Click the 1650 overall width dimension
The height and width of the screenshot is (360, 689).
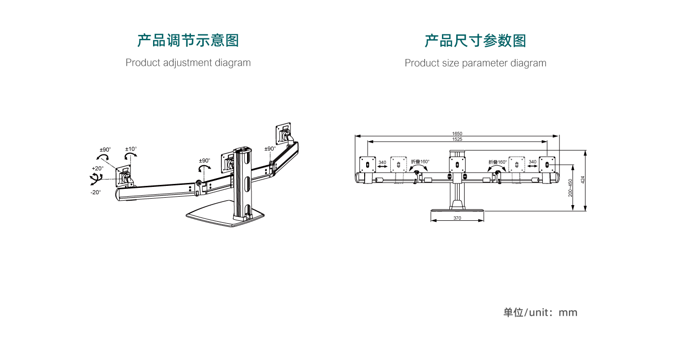(x=457, y=133)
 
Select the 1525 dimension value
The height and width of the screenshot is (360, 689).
(x=457, y=139)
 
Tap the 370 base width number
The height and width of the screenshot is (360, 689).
(x=457, y=218)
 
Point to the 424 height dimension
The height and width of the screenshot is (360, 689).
(x=583, y=180)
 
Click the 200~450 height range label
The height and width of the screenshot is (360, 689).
(x=570, y=188)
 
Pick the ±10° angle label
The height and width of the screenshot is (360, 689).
(x=131, y=149)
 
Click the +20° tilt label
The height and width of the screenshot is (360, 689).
(x=97, y=168)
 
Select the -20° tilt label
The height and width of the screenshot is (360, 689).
(x=95, y=192)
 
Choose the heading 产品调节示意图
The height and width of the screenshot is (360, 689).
(x=188, y=40)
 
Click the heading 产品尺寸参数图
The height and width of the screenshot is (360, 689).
(x=475, y=40)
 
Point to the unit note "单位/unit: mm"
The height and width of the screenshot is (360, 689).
(x=540, y=313)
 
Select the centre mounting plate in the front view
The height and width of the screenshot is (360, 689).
(x=457, y=164)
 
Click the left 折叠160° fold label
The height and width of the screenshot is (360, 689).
(x=420, y=161)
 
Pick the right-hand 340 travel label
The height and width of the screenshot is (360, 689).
(x=532, y=161)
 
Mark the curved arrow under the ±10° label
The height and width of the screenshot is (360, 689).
(x=130, y=156)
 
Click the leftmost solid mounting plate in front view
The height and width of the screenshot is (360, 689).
(x=368, y=164)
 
